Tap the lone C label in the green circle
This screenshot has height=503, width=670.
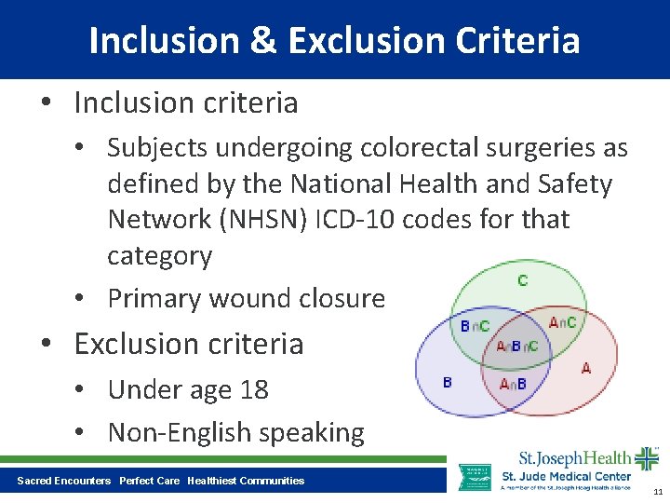522,280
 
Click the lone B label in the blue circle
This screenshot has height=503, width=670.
448,383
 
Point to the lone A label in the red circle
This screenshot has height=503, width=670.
585,369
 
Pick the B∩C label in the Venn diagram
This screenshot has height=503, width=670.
475,326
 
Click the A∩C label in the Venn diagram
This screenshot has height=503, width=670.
562,322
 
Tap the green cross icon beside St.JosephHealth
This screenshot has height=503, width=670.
645,458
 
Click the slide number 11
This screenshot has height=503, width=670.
658,491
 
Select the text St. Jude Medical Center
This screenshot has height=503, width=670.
566,477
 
